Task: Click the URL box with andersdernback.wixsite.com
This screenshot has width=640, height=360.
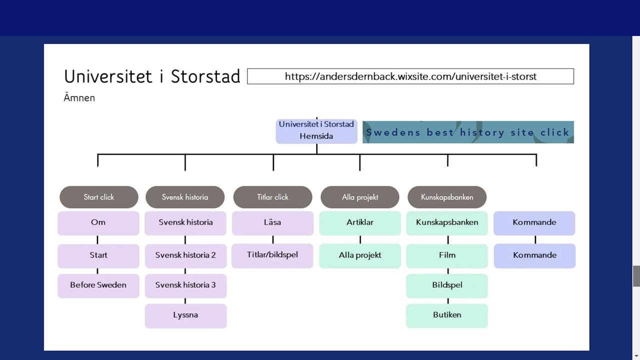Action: tap(410, 76)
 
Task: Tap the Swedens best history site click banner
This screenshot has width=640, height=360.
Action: tap(467, 132)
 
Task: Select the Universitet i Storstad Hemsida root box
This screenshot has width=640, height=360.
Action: tap(316, 130)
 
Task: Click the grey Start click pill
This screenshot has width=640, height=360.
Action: tap(98, 197)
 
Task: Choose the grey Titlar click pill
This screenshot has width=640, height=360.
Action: tap(272, 197)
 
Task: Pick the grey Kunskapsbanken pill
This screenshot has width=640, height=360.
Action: tap(447, 197)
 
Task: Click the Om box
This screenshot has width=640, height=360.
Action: tap(98, 222)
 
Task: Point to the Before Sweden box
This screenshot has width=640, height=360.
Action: tap(98, 285)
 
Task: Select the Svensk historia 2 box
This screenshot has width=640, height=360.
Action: tap(185, 255)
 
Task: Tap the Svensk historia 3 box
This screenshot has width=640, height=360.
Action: tap(185, 285)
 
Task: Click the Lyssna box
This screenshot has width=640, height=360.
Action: tap(185, 315)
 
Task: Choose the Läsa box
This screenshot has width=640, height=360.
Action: tap(272, 222)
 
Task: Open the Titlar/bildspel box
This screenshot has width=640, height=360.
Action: tap(272, 255)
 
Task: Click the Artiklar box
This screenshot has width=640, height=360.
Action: tap(360, 222)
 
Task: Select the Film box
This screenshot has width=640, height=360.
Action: tap(447, 255)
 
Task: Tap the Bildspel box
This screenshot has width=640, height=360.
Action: tap(447, 285)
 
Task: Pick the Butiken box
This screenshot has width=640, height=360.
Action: tap(447, 315)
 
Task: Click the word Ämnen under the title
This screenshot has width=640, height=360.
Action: tap(79, 98)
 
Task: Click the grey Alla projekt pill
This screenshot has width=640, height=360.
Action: tap(360, 197)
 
